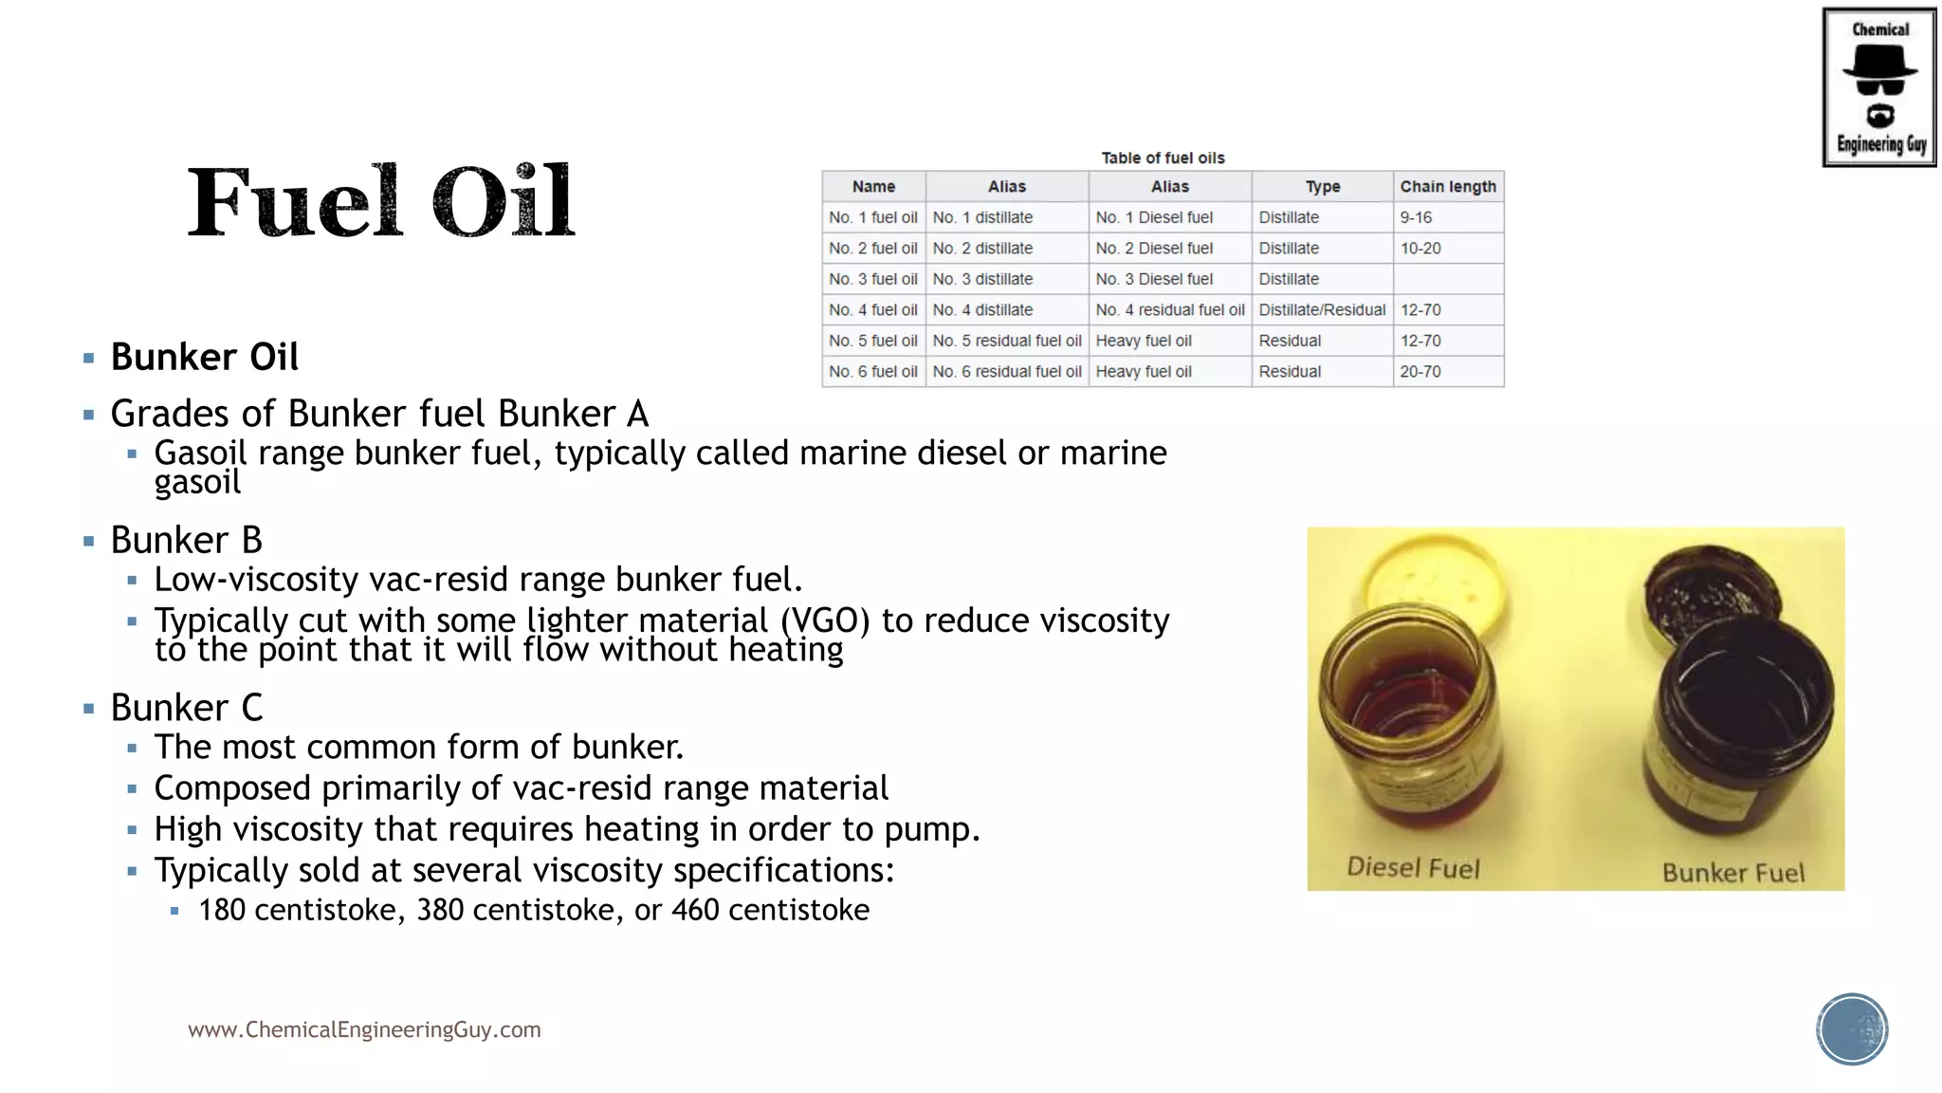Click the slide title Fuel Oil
380,201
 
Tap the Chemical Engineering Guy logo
1879,87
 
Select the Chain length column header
1448,187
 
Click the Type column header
1322,187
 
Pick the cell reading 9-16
1416,217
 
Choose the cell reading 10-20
1420,249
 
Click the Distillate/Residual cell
1322,310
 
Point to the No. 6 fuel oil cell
873,372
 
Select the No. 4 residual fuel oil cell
1170,310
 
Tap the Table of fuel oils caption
1163,158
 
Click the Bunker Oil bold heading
205,358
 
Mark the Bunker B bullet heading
187,541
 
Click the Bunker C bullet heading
187,708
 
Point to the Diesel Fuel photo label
1413,868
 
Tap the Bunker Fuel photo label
1733,873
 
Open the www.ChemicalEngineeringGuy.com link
364,1030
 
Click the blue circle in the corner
1852,1029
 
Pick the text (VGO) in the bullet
825,621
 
